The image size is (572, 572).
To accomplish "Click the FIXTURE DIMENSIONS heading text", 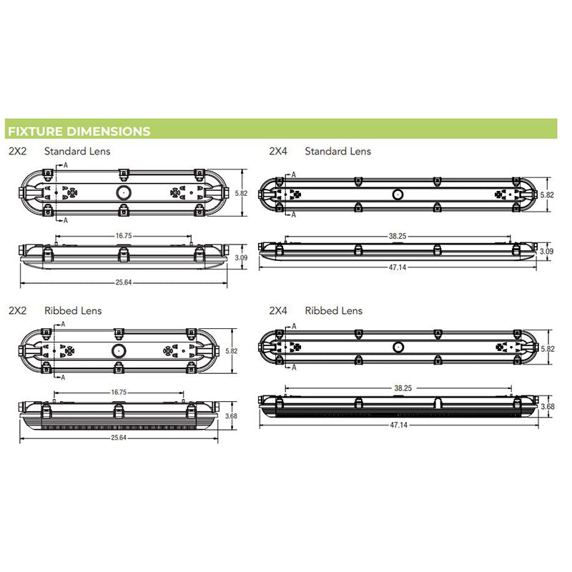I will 79,131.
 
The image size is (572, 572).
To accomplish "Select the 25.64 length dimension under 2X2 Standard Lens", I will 124,282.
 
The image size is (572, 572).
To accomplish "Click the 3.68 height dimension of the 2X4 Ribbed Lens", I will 548,407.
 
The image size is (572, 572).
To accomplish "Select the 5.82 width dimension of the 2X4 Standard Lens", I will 548,194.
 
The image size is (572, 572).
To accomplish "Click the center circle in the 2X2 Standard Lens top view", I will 124,192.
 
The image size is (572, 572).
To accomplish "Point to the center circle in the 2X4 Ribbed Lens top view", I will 397,347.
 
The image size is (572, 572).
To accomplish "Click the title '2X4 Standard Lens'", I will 320,152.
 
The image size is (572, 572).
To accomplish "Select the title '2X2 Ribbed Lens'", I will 56,310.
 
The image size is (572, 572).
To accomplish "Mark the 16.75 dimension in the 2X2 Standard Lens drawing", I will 124,235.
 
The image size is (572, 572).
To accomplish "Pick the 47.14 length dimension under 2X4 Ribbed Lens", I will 397,424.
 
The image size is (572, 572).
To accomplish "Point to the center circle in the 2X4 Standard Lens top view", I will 397,194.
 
